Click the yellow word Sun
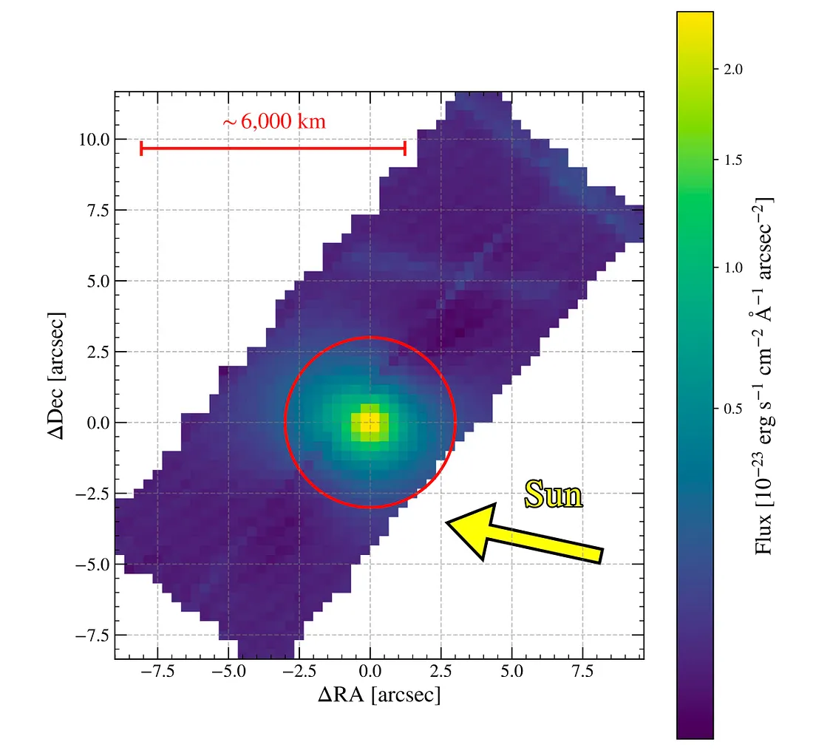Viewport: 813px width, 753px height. [x=554, y=494]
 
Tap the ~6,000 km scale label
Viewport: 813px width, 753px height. [x=273, y=122]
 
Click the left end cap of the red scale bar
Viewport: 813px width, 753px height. [x=141, y=149]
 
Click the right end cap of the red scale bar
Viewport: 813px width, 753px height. [x=405, y=149]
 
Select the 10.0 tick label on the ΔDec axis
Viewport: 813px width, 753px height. [x=94, y=140]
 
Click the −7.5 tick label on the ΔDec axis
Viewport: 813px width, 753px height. [x=89, y=636]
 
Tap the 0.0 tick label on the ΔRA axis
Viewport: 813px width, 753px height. [x=370, y=674]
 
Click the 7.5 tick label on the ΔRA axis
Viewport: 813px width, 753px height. [x=582, y=674]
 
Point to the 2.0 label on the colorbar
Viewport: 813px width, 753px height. [x=732, y=69]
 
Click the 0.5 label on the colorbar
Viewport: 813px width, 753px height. [x=732, y=409]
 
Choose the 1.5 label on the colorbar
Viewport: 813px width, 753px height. [x=732, y=160]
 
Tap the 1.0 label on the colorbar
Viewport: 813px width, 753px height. [x=732, y=268]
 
